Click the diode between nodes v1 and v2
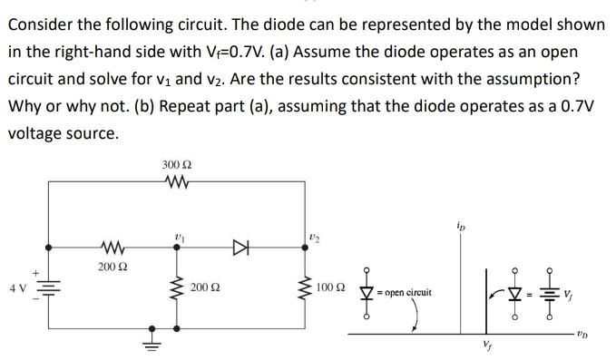tap(240, 246)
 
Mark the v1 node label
tap(178, 236)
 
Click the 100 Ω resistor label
tap(330, 288)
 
